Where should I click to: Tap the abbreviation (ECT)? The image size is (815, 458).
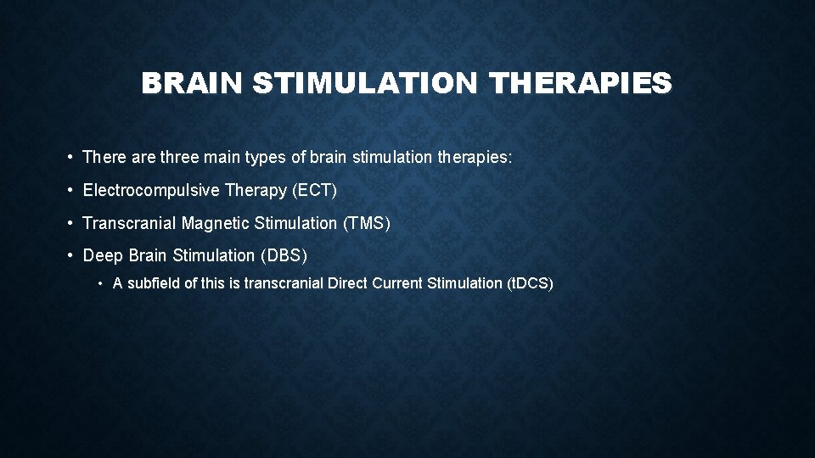[x=314, y=191]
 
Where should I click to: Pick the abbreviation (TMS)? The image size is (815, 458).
[x=366, y=223]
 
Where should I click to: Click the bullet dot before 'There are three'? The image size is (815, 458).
[x=68, y=159]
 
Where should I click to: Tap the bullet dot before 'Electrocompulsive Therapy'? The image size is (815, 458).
[x=68, y=191]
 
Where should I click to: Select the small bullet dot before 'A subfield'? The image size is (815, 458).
[x=100, y=284]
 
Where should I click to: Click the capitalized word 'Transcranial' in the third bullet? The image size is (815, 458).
[x=122, y=223]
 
